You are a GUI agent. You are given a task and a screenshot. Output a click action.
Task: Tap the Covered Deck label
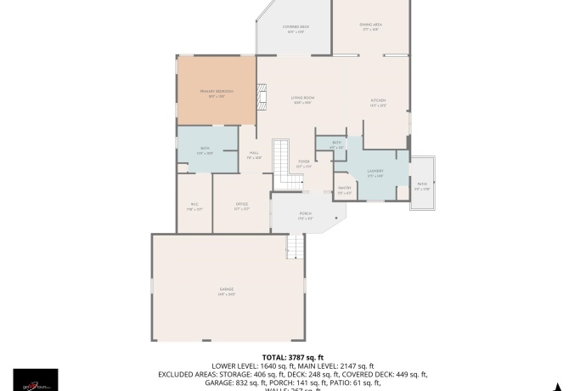tap(296, 28)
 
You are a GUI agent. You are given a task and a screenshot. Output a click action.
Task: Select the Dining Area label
tap(372, 26)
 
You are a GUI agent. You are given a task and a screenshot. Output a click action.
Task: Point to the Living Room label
tap(303, 99)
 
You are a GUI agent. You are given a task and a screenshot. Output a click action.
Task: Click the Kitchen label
tap(378, 102)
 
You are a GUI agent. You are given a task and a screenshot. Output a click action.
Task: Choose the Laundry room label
tap(375, 172)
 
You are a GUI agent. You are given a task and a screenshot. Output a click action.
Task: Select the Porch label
tap(305, 214)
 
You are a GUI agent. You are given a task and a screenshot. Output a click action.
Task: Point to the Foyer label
tap(303, 161)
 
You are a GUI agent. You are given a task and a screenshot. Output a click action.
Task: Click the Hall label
tap(254, 154)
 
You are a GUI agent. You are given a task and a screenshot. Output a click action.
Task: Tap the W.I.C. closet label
tap(194, 205)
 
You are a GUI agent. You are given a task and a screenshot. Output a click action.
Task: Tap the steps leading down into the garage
tap(294, 246)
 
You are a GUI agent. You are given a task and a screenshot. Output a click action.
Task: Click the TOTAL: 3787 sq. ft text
tap(292, 358)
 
